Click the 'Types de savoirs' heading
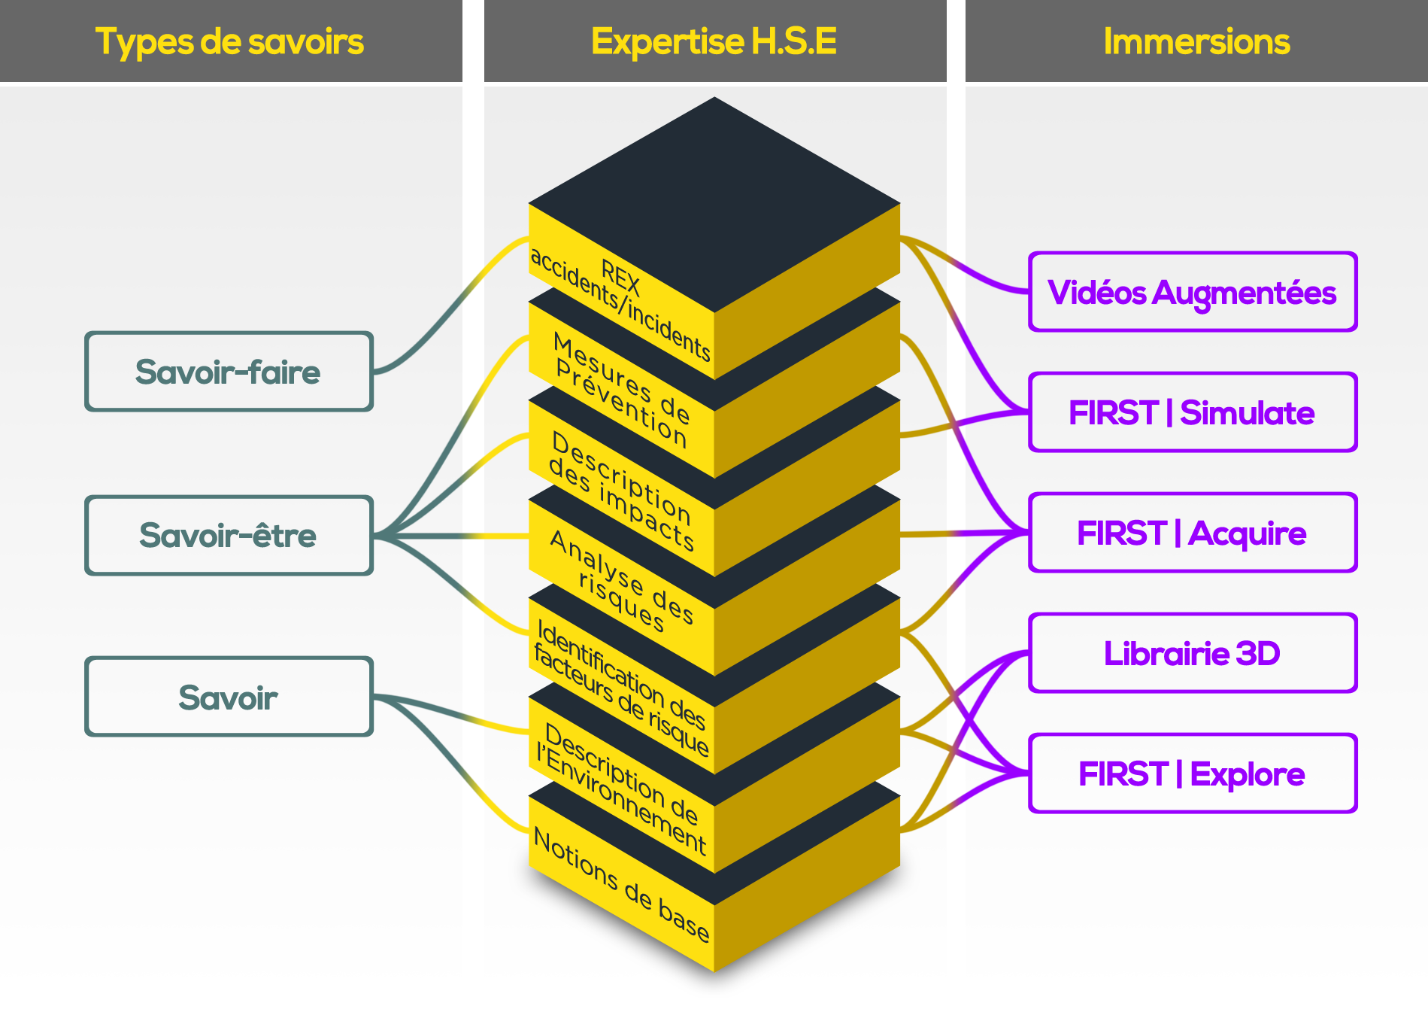tap(229, 42)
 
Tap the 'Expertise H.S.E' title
tap(714, 42)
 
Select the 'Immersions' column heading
tap(1196, 42)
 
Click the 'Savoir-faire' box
tap(229, 372)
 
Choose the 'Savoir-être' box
tap(229, 536)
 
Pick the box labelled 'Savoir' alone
tap(229, 697)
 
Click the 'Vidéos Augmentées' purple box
tap(1192, 293)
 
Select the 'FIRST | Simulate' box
tap(1192, 413)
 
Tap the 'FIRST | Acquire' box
tap(1192, 533)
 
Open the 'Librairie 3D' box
tap(1192, 653)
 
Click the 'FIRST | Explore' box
tap(1192, 774)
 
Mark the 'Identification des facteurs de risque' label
tap(621, 687)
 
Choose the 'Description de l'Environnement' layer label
tap(621, 788)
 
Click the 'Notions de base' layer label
tap(621, 884)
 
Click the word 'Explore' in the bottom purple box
tap(1248, 774)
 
